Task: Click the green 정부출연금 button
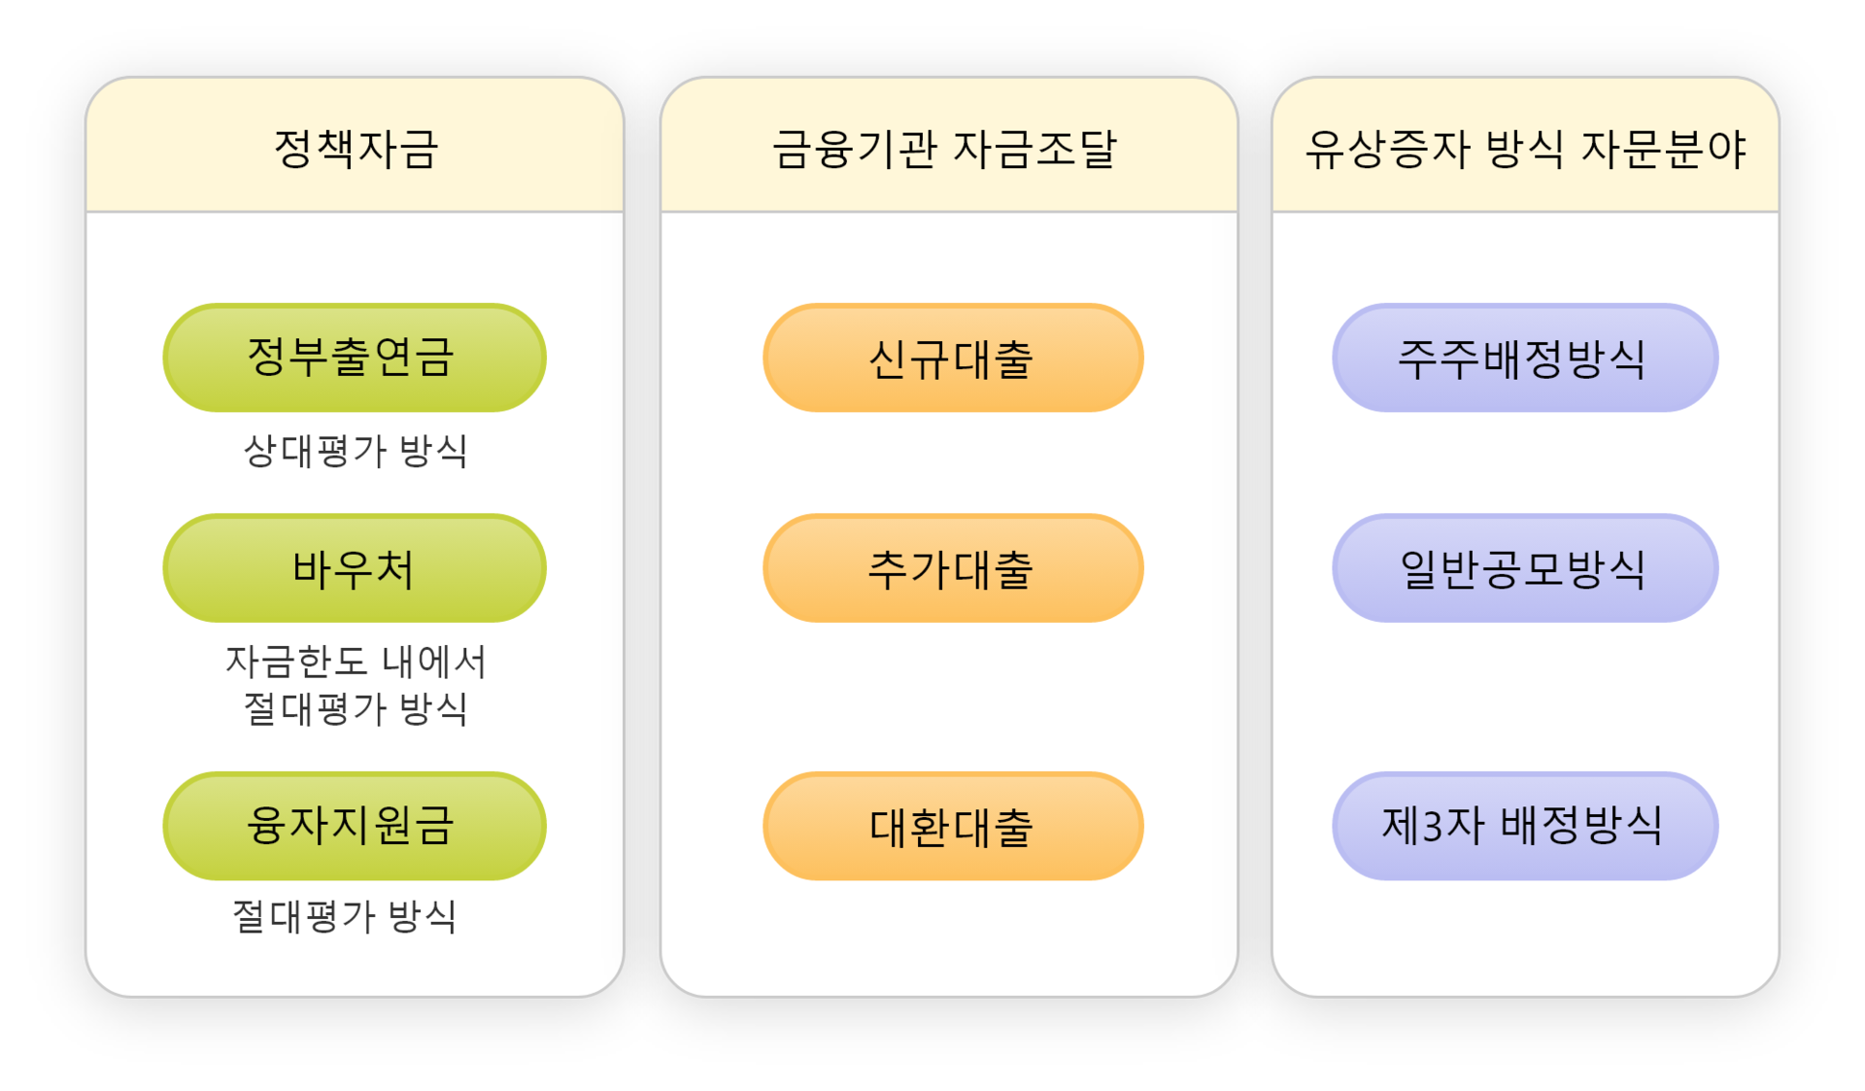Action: tap(354, 358)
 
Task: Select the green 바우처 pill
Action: tap(354, 568)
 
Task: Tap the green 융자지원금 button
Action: tap(354, 826)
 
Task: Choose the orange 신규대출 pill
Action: tap(952, 358)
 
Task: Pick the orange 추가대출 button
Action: tap(952, 568)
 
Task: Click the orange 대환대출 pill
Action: tap(952, 826)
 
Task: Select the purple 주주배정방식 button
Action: tap(1524, 358)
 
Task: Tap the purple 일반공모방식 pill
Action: tap(1524, 568)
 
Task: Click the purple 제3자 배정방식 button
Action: tap(1524, 826)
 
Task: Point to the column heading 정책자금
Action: tap(356, 149)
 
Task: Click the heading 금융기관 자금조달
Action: tap(944, 149)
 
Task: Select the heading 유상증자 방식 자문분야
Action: tap(1525, 149)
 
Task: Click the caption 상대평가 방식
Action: tap(356, 451)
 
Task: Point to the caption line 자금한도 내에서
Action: tap(356, 662)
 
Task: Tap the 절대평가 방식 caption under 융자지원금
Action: tap(345, 916)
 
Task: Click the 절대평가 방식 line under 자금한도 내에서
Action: tap(356, 708)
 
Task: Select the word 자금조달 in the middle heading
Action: tap(1034, 149)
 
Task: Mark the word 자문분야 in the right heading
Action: tap(1664, 149)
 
